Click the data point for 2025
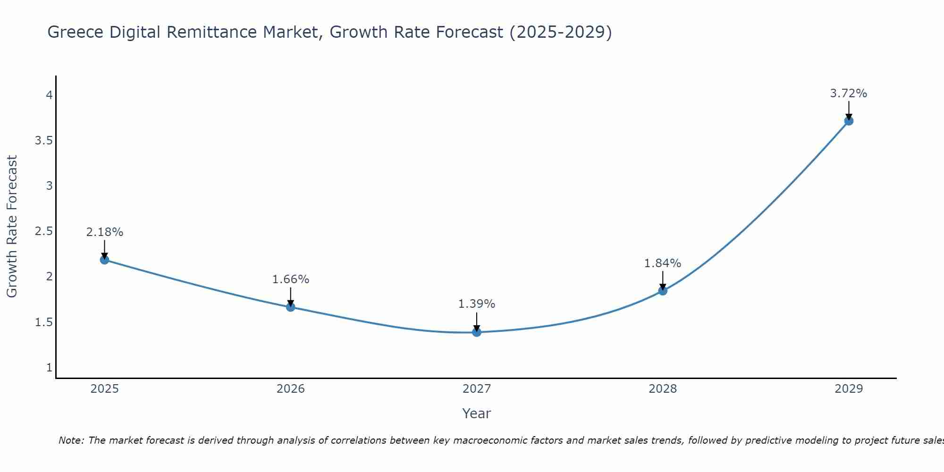105,260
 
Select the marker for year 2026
291,307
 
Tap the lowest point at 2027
477,332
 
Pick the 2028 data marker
663,291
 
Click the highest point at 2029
849,121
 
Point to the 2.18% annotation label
105,232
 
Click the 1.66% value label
291,279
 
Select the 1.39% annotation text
477,304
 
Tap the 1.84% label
663,263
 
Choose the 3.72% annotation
849,93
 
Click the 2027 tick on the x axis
477,389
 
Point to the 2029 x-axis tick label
849,389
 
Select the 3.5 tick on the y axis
43,141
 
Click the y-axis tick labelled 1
49,367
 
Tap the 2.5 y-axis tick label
43,231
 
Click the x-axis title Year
477,413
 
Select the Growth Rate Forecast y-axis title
12,227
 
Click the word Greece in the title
76,32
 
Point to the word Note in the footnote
71,440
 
